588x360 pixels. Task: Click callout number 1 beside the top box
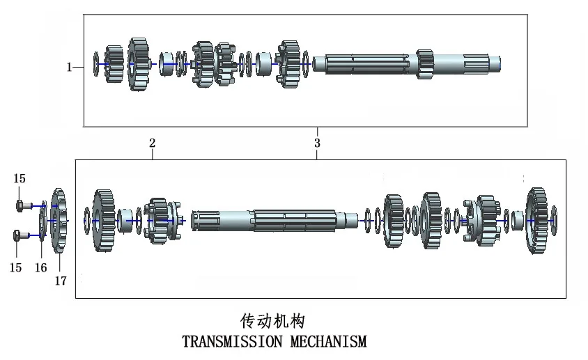click(x=69, y=67)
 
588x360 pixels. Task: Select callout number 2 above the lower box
click(x=152, y=143)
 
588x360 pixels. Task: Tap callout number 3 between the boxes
click(x=317, y=143)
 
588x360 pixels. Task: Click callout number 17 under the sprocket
click(x=61, y=281)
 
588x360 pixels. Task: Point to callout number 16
click(x=41, y=267)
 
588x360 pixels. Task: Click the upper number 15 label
click(x=20, y=178)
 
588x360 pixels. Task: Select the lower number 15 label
click(x=16, y=267)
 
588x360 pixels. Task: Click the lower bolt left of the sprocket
click(x=22, y=235)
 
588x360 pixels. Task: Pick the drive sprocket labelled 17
click(x=59, y=221)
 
